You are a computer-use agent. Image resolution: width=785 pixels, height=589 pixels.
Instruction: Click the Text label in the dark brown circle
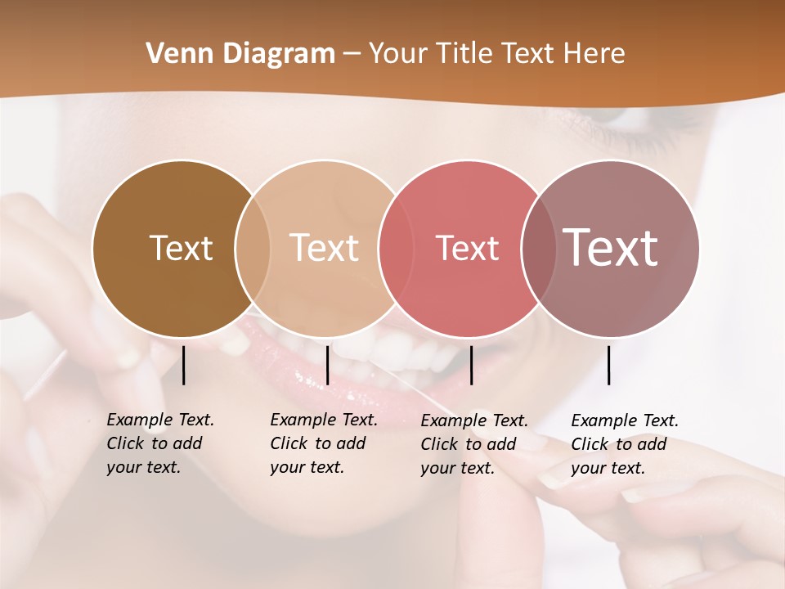(x=181, y=248)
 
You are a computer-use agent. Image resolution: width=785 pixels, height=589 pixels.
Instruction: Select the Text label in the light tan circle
(x=324, y=248)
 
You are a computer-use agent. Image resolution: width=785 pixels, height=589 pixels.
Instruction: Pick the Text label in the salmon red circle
(x=467, y=249)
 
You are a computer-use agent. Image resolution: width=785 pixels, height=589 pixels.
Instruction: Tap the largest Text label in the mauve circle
(x=610, y=248)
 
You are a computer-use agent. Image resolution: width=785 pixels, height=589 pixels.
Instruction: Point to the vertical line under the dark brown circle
(x=183, y=365)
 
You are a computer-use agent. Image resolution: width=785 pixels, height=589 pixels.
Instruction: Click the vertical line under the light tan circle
(x=327, y=365)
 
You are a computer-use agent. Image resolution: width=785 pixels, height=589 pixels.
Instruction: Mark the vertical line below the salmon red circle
(x=471, y=365)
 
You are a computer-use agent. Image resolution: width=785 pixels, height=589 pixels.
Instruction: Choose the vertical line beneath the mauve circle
(x=608, y=365)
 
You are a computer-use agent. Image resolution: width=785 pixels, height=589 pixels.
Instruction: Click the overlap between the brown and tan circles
(x=253, y=248)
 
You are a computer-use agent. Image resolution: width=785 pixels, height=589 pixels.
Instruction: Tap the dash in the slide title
(x=352, y=54)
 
